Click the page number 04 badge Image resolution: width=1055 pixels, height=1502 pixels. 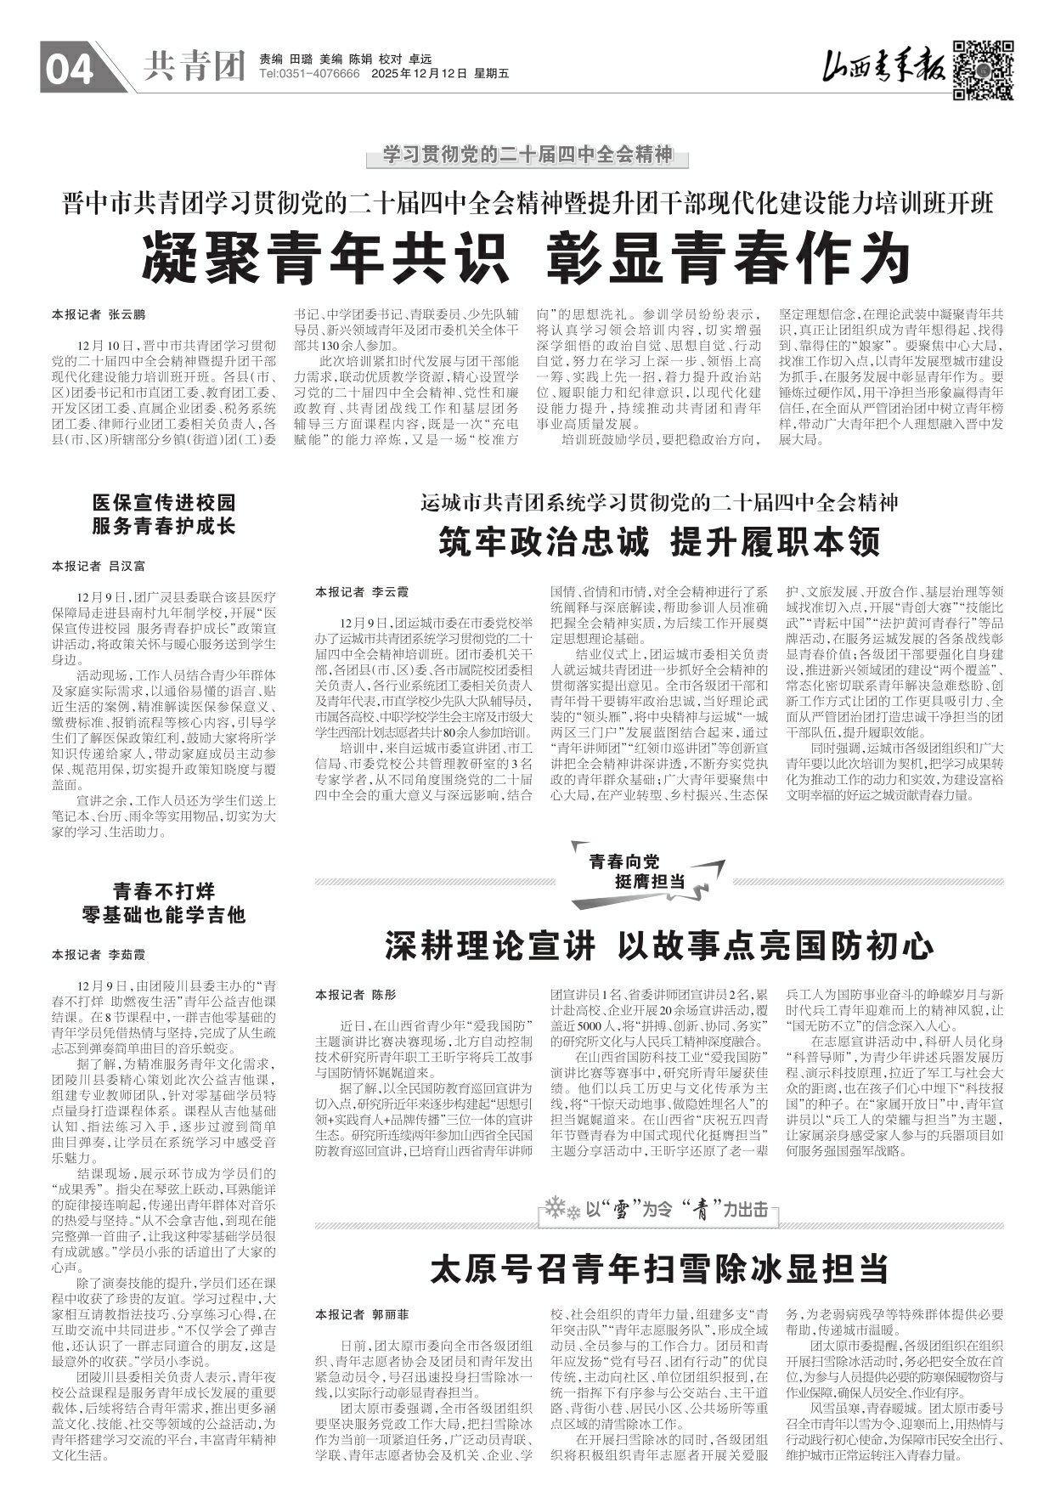coord(70,71)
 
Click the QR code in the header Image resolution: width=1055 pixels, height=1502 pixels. coord(984,70)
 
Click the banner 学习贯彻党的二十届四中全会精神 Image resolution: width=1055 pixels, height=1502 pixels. coord(527,155)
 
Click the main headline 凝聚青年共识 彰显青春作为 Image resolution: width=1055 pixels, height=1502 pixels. coord(527,257)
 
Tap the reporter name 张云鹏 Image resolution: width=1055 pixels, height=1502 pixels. coord(127,314)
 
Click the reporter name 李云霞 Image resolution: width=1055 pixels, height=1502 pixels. coord(390,590)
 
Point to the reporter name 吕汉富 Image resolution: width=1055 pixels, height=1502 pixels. coord(127,565)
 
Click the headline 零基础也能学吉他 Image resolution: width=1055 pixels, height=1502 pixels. coord(164,915)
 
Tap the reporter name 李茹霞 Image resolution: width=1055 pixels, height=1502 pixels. coord(127,954)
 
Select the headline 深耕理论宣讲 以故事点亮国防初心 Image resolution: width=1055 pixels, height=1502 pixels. coord(659,946)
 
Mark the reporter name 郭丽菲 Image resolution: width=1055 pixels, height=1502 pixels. coord(390,1314)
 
